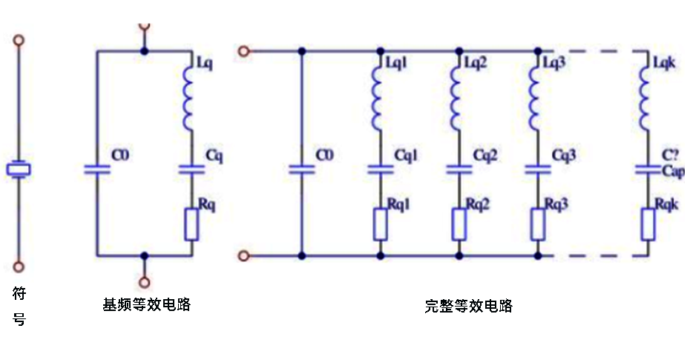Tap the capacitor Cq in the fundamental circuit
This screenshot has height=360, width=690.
coord(191,169)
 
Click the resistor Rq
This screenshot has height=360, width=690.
coord(191,224)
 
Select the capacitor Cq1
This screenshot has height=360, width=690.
coord(381,169)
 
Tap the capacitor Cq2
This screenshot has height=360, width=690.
coord(459,169)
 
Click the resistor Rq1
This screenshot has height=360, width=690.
coord(381,224)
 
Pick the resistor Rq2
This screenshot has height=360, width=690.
coord(459,224)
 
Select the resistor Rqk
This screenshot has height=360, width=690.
coord(646,224)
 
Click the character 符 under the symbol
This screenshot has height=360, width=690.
coord(20,294)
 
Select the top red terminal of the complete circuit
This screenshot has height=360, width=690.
coord(242,51)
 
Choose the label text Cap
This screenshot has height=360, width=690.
coord(673,172)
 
